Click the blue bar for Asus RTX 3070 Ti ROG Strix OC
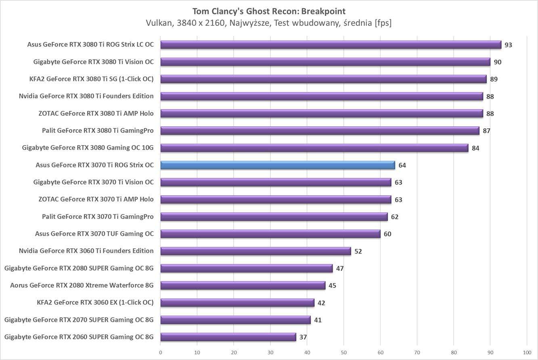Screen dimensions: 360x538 [x=277, y=165]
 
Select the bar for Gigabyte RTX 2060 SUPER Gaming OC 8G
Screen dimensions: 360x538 [x=228, y=337]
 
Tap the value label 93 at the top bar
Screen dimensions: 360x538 [x=508, y=45]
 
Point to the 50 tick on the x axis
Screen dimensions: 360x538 [x=343, y=352]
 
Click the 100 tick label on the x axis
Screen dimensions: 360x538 [x=527, y=352]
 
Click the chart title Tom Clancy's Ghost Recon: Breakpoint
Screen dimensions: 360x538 [x=269, y=11]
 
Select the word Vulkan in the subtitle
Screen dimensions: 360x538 [x=159, y=23]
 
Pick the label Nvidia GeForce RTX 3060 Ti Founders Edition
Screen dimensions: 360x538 [x=86, y=251]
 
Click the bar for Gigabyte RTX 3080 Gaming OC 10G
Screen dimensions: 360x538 [x=314, y=148]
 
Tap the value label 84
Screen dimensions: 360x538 [x=475, y=148]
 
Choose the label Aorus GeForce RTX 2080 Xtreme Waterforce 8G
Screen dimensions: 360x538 [x=82, y=285]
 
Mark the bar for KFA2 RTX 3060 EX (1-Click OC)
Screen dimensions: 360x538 [x=237, y=303]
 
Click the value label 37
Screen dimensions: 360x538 [x=303, y=337]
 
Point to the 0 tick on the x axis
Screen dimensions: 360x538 [x=160, y=352]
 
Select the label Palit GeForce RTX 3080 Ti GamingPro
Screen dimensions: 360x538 [x=98, y=130]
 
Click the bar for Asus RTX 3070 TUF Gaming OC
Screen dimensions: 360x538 [x=270, y=234]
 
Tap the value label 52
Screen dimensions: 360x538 [x=358, y=251]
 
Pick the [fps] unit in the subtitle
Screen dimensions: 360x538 [x=383, y=23]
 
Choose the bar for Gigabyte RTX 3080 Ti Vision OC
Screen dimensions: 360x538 [x=325, y=62]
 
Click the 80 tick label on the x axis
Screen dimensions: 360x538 [x=454, y=352]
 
